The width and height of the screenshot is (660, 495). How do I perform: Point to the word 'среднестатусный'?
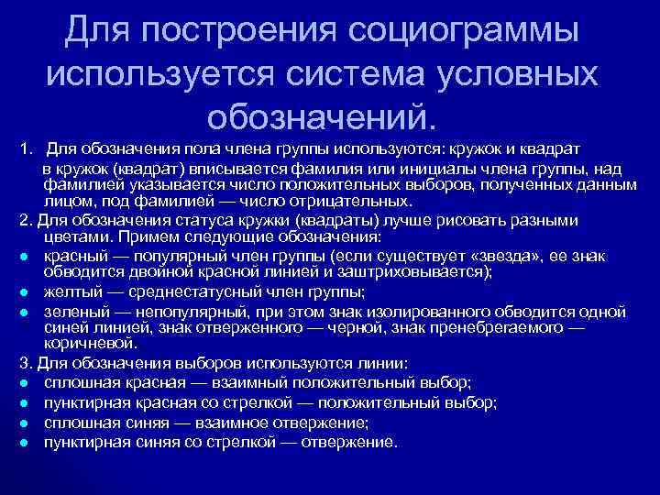pos(199,292)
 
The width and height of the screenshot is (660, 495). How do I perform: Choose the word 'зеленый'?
pos(72,311)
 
